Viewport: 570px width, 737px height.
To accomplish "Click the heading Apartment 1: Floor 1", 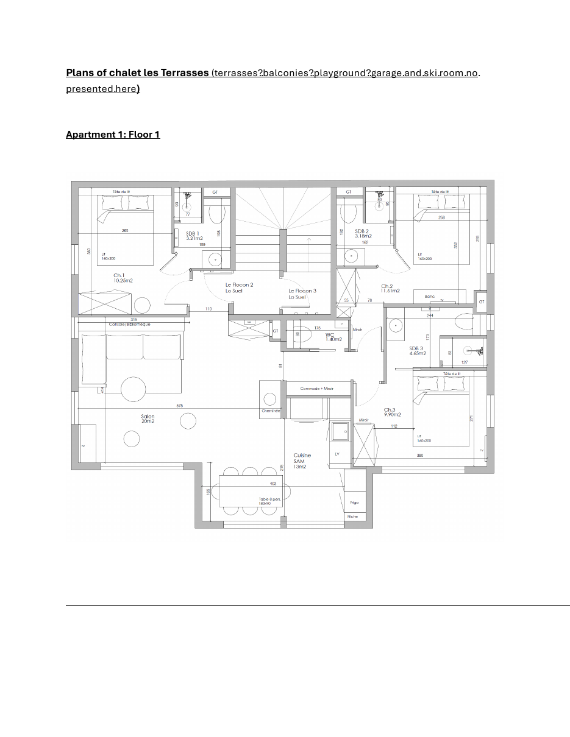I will (113, 135).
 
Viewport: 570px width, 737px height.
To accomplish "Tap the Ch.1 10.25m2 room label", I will (123, 278).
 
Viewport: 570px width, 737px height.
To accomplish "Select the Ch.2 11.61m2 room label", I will (390, 289).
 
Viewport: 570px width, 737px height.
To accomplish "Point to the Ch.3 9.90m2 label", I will (392, 412).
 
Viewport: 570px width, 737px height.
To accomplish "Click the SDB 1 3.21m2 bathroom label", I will (194, 236).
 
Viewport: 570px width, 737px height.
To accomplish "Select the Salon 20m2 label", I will (148, 419).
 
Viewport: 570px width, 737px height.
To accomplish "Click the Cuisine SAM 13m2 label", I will (302, 460).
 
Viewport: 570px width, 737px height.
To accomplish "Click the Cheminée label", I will (271, 411).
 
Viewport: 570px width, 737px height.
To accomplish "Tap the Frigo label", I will (354, 503).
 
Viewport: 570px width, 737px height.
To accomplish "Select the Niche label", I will (353, 517).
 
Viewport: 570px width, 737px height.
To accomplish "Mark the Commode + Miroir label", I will (316, 389).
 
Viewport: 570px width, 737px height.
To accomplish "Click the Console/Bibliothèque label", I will (129, 325).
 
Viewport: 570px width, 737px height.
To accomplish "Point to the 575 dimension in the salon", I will (179, 406).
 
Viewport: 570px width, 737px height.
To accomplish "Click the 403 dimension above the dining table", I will (273, 484).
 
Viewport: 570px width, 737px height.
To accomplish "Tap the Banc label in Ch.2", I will (430, 297).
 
